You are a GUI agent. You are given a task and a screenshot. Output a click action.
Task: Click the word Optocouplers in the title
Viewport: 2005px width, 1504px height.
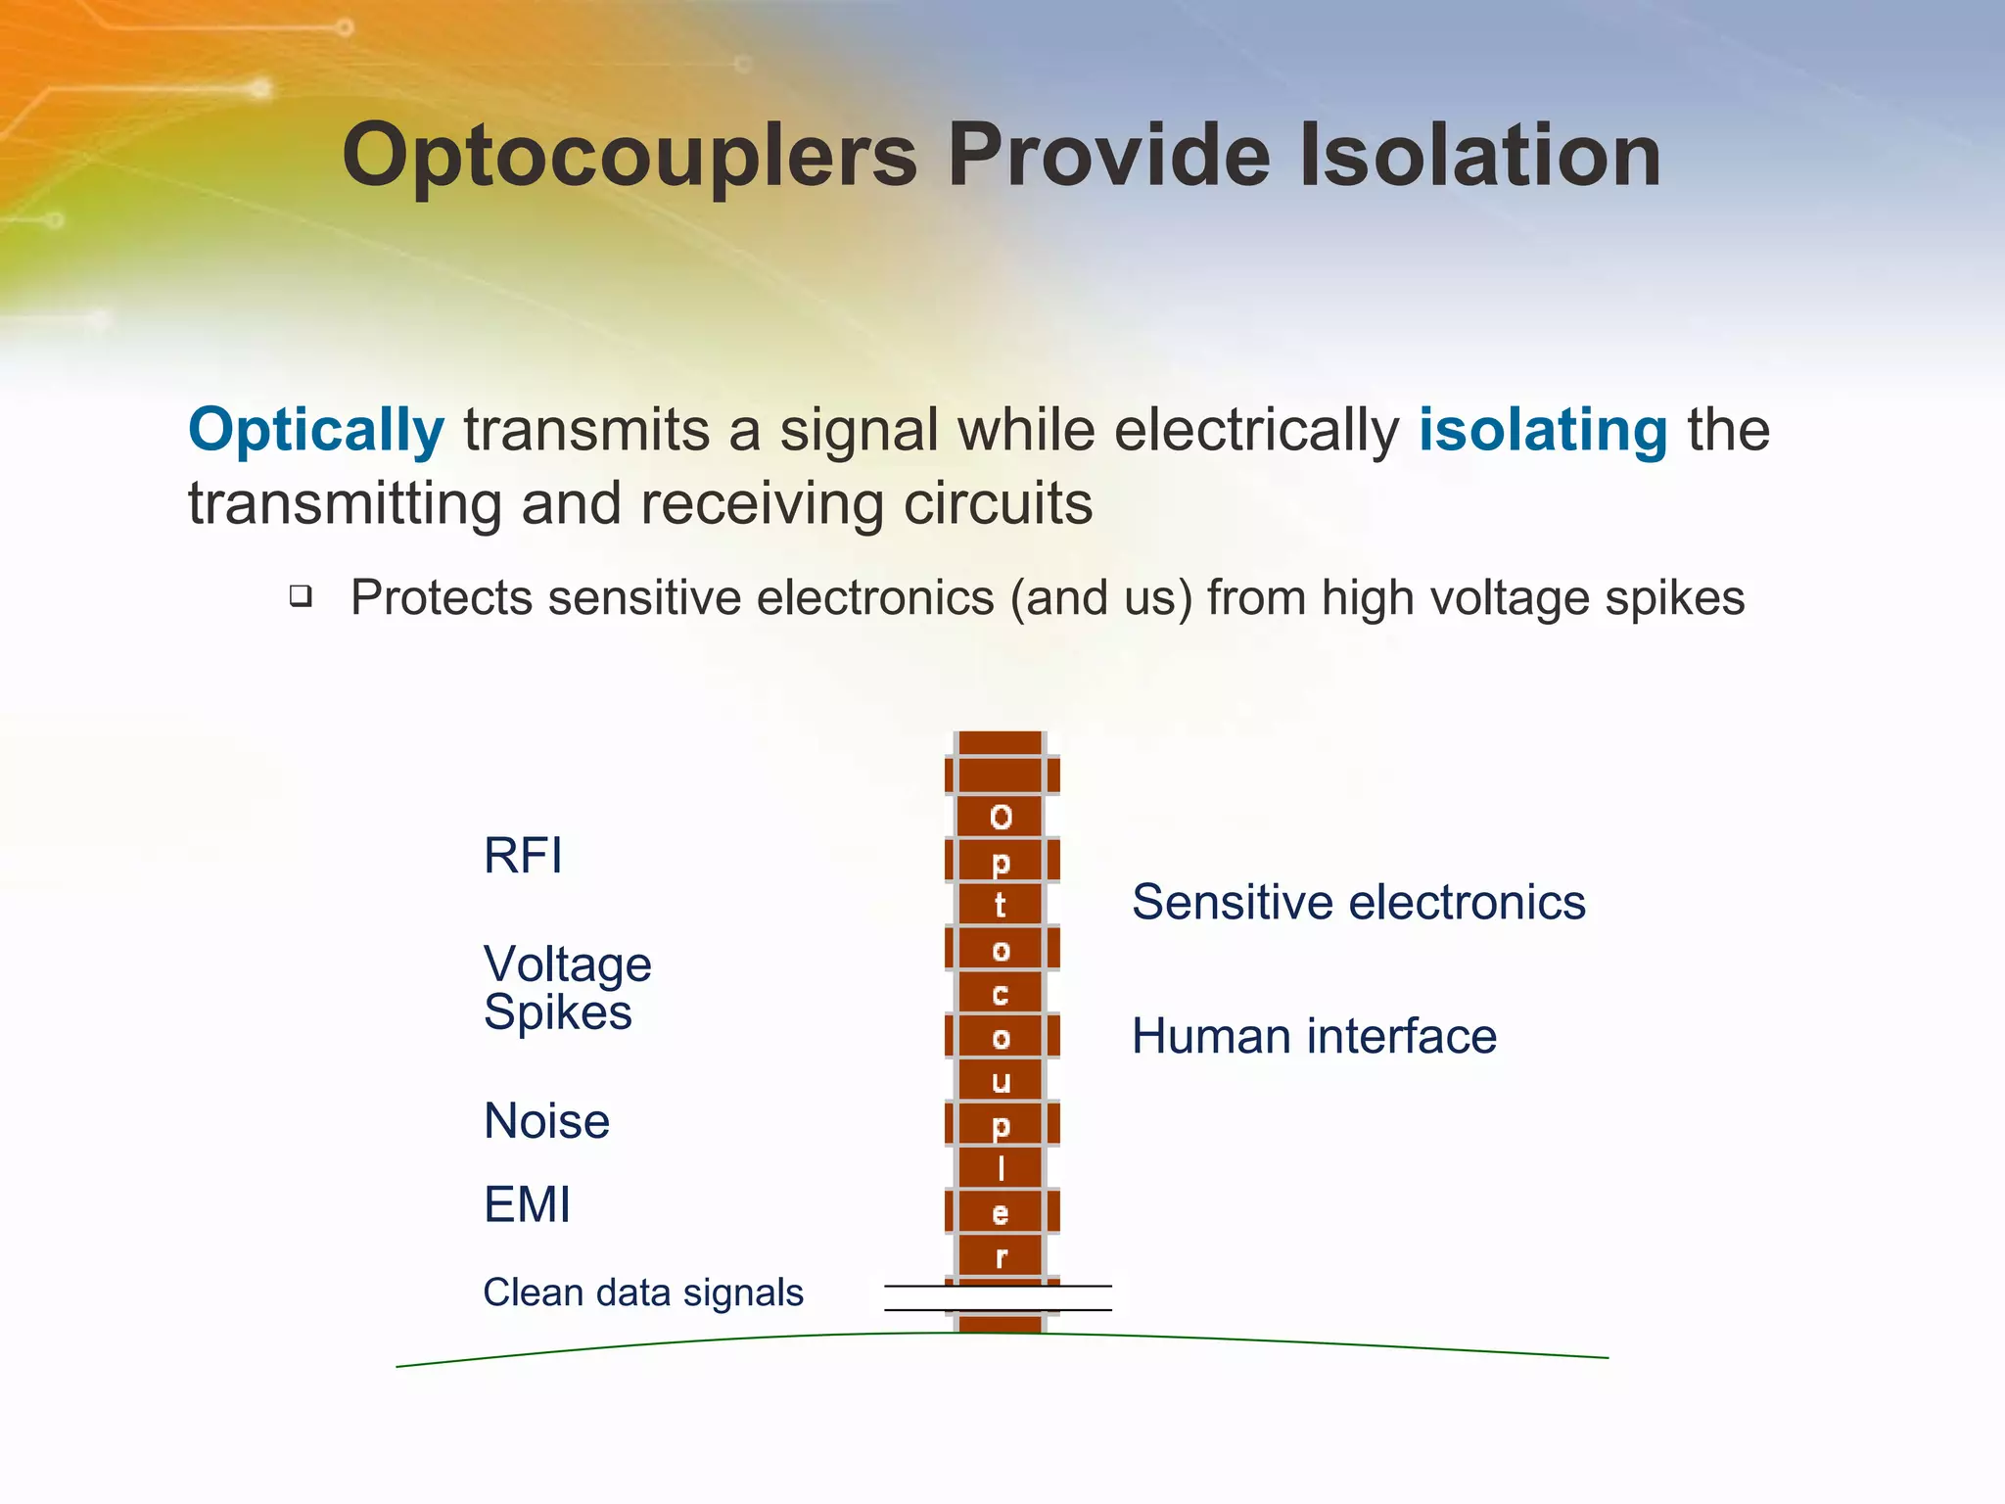tap(629, 157)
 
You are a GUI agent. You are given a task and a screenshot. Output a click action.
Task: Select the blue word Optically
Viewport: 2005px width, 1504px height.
tap(315, 430)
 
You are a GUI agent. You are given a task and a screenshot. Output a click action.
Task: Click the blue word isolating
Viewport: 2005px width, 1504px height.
tap(1542, 430)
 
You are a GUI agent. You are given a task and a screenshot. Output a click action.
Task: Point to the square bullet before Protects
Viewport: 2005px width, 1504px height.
tap(301, 595)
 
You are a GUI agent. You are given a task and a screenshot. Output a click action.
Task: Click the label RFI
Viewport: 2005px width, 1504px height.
tap(523, 855)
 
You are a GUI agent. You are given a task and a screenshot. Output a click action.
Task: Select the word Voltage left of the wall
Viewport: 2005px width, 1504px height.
tap(567, 964)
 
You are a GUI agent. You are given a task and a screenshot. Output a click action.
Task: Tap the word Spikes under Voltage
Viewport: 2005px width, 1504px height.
tap(557, 1011)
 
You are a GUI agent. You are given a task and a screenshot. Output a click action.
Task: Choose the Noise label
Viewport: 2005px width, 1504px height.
tap(546, 1120)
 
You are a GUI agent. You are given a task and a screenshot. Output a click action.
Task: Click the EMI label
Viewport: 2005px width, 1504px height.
tap(527, 1204)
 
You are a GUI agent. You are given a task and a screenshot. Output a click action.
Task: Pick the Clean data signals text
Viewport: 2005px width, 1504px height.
tap(642, 1292)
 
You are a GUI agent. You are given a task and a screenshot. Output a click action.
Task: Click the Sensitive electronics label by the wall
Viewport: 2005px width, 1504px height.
tap(1358, 902)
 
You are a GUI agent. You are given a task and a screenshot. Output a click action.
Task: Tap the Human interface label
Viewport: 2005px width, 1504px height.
tap(1313, 1036)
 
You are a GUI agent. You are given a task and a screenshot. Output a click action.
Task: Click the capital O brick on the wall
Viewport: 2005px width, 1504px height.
tap(1001, 817)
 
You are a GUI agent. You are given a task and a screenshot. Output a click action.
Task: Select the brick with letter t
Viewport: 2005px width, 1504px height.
tap(1001, 905)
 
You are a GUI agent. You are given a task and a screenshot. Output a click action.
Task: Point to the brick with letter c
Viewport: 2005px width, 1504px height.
tap(1001, 994)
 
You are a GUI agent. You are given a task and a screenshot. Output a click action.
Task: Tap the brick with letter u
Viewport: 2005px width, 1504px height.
tap(1001, 1081)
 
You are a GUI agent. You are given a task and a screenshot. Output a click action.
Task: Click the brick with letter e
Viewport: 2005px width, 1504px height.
tap(1001, 1214)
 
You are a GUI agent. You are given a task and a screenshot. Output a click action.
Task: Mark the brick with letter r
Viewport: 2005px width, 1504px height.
tap(1001, 1257)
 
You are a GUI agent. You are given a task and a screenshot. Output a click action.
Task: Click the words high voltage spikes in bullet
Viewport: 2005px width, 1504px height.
tap(1532, 597)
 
